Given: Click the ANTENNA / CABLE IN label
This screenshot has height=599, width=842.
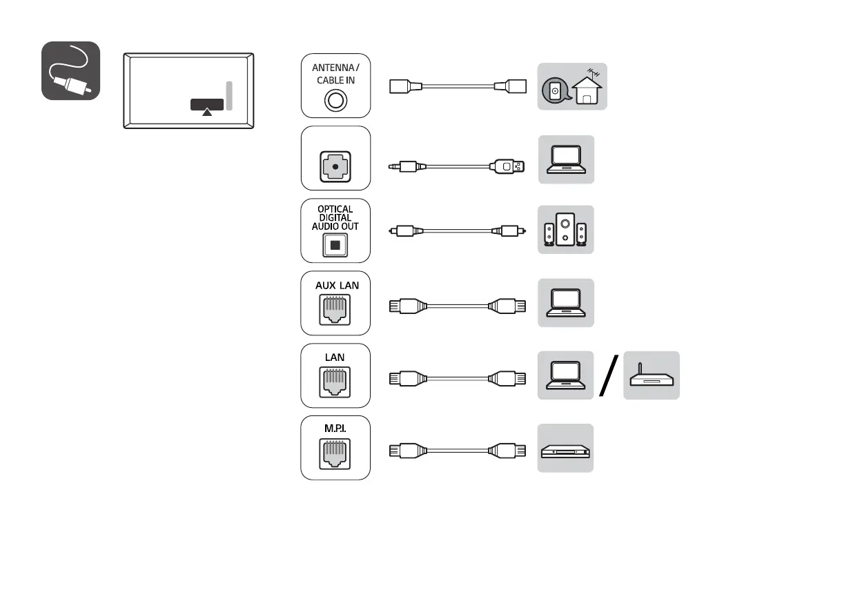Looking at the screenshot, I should point(335,74).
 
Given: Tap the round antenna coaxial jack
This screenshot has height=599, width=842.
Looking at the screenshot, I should point(335,101).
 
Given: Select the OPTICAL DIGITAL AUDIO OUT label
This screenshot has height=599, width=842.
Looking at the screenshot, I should point(335,217).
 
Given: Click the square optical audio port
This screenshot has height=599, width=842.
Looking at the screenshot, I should point(335,245).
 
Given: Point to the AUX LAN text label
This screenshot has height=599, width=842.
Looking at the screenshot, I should point(335,285).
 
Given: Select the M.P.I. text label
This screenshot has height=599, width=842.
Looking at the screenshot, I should point(335,429).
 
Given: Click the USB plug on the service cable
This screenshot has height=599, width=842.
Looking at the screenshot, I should point(508,166).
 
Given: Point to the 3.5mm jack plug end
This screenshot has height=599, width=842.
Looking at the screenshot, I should point(400,166).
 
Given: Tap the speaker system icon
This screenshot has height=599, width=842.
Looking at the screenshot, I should point(566,230).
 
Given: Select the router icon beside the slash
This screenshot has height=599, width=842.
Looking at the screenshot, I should point(651,376).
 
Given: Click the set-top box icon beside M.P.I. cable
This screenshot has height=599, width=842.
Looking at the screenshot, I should point(566,449).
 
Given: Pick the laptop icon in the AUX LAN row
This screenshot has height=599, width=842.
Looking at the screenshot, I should point(566,302).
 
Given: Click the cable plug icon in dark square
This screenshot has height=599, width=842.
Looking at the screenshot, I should point(71,71).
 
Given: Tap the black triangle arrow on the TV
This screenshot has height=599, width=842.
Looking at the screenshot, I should point(206,112).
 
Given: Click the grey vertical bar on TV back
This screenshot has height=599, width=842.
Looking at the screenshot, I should point(229,95).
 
